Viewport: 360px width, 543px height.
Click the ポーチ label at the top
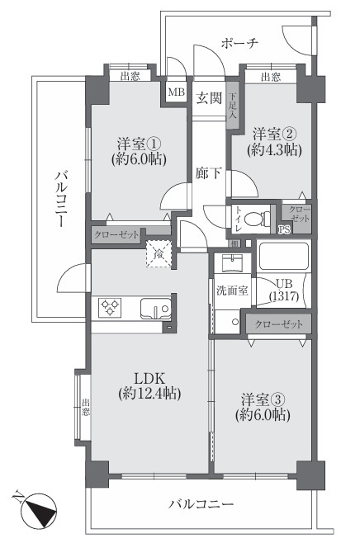pyautogui.click(x=241, y=44)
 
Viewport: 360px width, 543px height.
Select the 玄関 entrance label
pyautogui.click(x=209, y=98)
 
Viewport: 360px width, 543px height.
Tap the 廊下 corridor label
pyautogui.click(x=207, y=173)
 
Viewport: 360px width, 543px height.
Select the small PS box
pyautogui.click(x=282, y=230)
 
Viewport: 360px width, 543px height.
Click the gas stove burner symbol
pyautogui.click(x=111, y=308)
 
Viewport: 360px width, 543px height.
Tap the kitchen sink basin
pyautogui.click(x=154, y=309)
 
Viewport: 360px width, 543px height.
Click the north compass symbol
pyautogui.click(x=37, y=509)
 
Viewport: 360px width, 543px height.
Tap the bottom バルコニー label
pyautogui.click(x=201, y=503)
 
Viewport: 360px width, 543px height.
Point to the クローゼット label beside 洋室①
pyautogui.click(x=116, y=234)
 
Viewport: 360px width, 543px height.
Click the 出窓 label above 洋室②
pyautogui.click(x=270, y=77)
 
